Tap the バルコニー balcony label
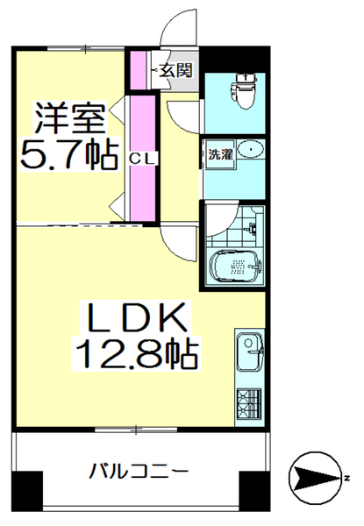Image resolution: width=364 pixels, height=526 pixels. point(139,472)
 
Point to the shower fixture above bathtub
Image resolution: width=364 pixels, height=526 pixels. point(253,230)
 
